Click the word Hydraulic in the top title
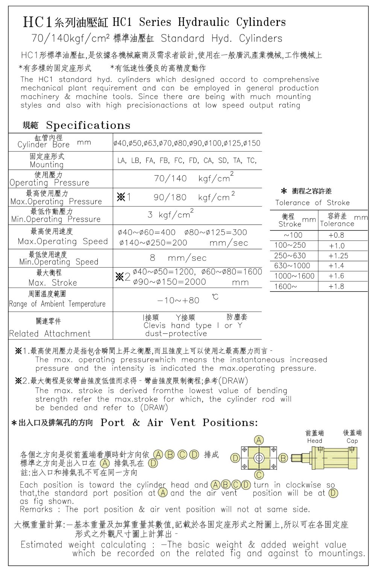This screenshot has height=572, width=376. [x=203, y=23]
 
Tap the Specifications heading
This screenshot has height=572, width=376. [x=88, y=125]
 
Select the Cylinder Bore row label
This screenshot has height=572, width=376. [x=44, y=145]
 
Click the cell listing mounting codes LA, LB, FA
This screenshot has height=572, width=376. [x=187, y=161]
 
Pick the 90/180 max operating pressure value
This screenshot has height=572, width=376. [x=170, y=198]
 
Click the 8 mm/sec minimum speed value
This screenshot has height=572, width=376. [x=178, y=258]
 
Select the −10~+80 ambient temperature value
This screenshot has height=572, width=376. [x=178, y=300]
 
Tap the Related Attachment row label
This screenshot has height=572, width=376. [x=50, y=333]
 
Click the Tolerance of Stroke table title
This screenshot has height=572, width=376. [x=312, y=203]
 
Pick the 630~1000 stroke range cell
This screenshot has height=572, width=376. [x=292, y=266]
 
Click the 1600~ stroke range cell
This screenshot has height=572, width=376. [x=285, y=286]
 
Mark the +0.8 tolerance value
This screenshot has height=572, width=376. [x=336, y=235]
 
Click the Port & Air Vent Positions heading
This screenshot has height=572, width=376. [x=179, y=423]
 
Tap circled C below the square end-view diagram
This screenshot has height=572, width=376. [x=259, y=475]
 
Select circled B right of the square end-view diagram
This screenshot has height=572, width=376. [x=283, y=458]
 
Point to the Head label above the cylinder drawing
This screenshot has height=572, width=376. [x=314, y=441]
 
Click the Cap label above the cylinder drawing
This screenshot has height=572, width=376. [x=352, y=441]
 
